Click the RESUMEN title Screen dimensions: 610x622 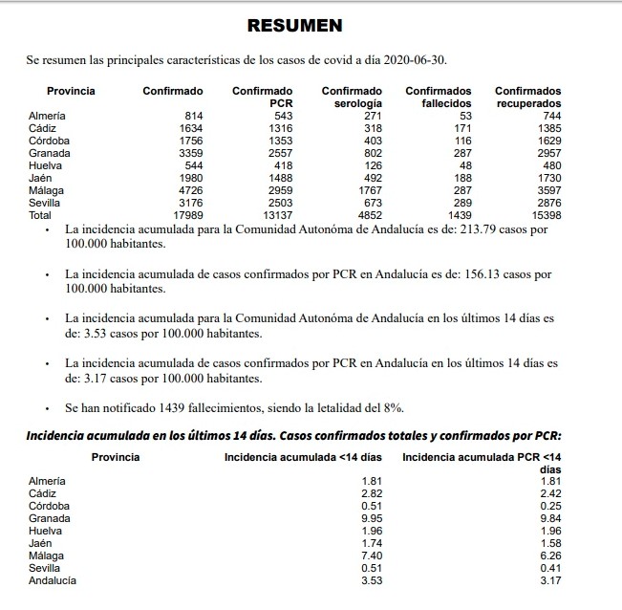(x=294, y=25)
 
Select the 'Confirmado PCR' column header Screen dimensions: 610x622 (x=263, y=97)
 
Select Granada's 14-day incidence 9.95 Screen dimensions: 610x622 (x=370, y=518)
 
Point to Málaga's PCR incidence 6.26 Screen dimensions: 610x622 (x=548, y=556)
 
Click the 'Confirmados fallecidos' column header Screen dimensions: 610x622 (x=439, y=97)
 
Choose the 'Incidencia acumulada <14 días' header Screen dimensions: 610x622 (x=303, y=457)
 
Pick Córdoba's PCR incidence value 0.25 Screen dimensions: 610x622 (x=548, y=506)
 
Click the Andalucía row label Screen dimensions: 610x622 (x=53, y=580)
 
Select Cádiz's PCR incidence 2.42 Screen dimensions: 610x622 (x=548, y=493)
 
